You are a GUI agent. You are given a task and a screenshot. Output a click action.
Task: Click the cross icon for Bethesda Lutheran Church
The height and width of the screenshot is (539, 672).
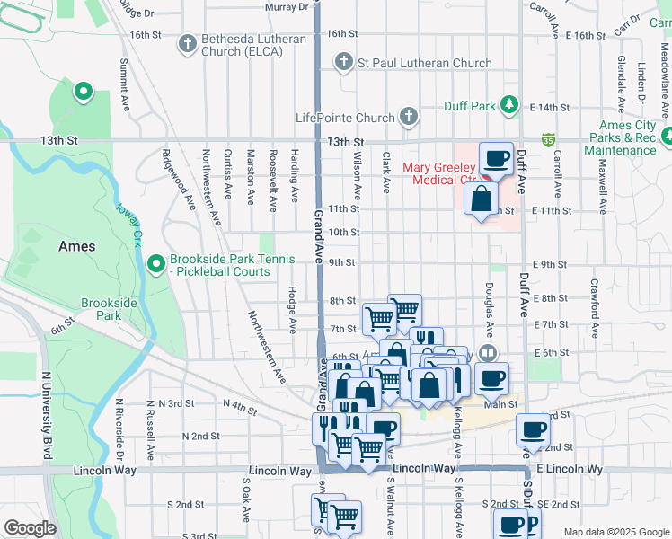point(187,42)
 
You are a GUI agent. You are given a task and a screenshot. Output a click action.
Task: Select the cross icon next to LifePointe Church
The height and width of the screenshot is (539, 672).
point(408,117)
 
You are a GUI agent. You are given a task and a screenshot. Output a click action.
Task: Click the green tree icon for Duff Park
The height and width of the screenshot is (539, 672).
point(509,106)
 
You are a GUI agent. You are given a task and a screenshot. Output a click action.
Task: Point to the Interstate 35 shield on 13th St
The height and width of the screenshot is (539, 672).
point(547,140)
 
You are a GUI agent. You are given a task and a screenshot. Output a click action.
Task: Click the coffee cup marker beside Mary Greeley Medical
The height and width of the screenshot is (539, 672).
point(496,160)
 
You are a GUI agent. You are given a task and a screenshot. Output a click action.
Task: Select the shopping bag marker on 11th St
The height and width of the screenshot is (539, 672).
point(481,198)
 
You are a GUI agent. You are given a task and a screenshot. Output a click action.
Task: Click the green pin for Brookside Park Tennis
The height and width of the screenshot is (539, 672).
point(155,264)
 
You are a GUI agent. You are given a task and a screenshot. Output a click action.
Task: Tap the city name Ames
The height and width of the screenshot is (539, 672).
point(76,245)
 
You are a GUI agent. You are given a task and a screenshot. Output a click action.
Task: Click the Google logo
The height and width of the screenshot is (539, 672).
point(29,528)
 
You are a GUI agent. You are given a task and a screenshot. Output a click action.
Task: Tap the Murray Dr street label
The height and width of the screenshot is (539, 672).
point(287,6)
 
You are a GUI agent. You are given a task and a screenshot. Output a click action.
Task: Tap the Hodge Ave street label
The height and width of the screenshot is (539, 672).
point(293,307)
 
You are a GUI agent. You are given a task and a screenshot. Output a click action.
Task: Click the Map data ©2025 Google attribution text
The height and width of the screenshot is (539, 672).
point(615,532)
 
